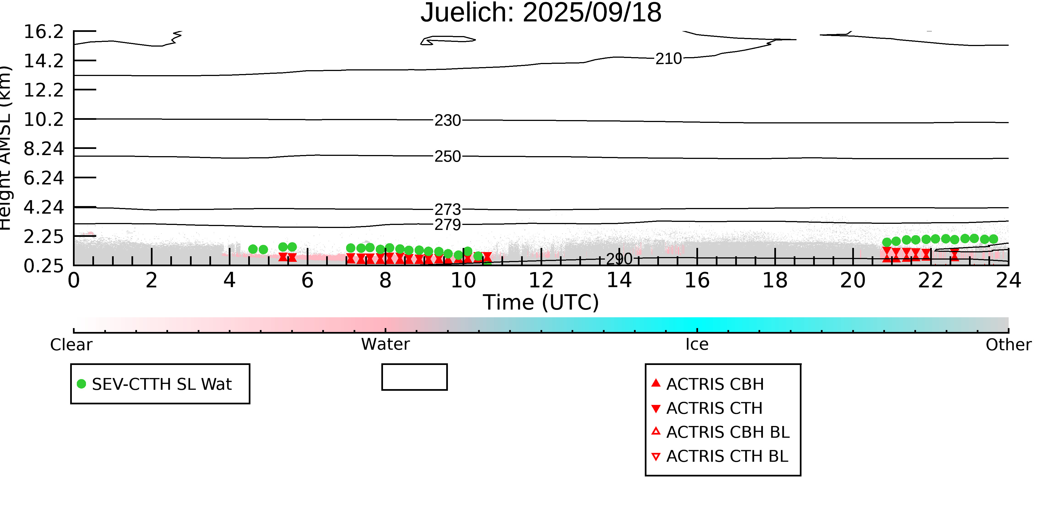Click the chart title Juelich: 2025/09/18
click(541, 13)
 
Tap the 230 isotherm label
click(447, 120)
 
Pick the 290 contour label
click(619, 259)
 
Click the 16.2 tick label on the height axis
click(44, 32)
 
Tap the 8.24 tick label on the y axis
click(44, 149)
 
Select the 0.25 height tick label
click(44, 266)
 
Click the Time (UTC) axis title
click(541, 302)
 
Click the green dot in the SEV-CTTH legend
click(82, 384)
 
